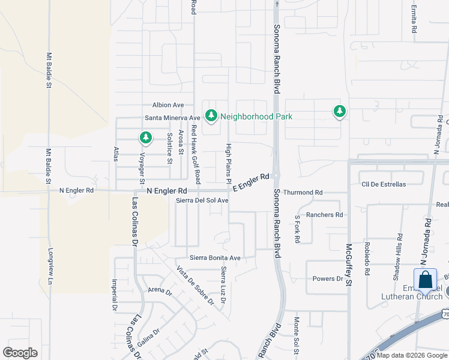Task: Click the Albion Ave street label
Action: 168,105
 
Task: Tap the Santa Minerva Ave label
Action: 172,118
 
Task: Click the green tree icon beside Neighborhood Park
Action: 211,115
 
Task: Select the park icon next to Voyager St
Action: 145,138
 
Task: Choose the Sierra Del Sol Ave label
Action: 202,200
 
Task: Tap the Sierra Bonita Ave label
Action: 215,258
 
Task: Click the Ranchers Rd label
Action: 324,214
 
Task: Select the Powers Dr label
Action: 328,279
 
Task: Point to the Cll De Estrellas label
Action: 384,184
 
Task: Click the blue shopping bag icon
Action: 426,280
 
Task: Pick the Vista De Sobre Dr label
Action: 195,285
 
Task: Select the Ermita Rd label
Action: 414,21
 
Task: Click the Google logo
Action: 20,353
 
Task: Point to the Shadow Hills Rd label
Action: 397,265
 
